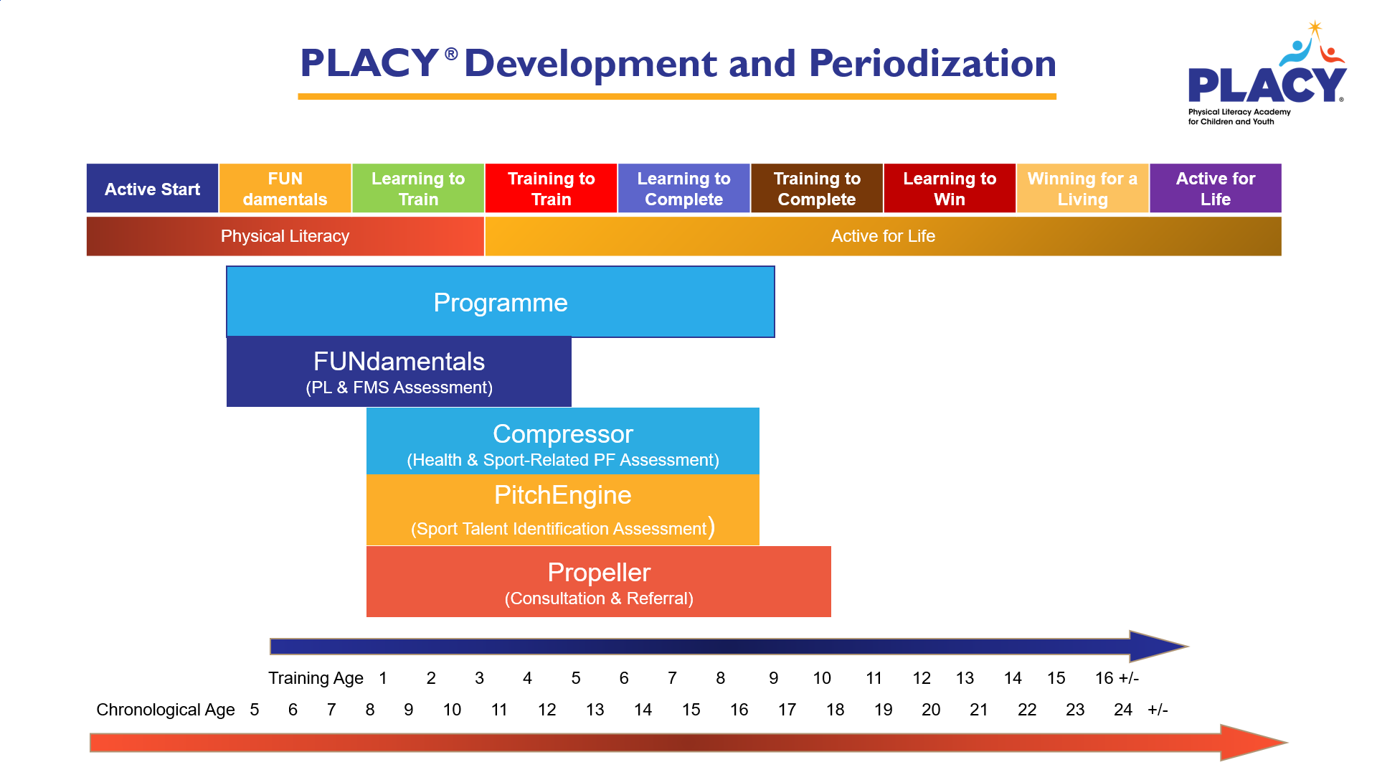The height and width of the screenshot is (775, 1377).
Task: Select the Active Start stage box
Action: [152, 189]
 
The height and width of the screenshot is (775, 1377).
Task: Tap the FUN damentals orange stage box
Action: [285, 189]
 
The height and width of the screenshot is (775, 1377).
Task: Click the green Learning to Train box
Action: [418, 189]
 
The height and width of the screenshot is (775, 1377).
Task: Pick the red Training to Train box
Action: [551, 189]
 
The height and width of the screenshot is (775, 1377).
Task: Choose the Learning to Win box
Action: [950, 189]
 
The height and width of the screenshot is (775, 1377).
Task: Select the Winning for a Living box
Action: [1082, 189]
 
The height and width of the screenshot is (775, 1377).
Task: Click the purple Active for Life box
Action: [1216, 189]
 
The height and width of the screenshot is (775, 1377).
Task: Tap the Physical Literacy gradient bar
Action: [285, 236]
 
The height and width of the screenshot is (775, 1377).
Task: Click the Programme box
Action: [500, 302]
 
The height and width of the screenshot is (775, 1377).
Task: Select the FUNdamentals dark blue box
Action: [399, 371]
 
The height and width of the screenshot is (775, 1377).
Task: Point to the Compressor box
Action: [562, 441]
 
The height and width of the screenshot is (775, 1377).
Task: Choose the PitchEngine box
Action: [562, 509]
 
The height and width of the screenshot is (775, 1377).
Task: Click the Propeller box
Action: [598, 581]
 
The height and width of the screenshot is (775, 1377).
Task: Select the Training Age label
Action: [316, 678]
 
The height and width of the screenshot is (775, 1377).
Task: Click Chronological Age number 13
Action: [595, 710]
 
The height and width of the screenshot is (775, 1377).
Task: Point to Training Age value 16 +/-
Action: [1117, 678]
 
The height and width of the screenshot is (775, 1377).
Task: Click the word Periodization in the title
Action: [932, 63]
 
